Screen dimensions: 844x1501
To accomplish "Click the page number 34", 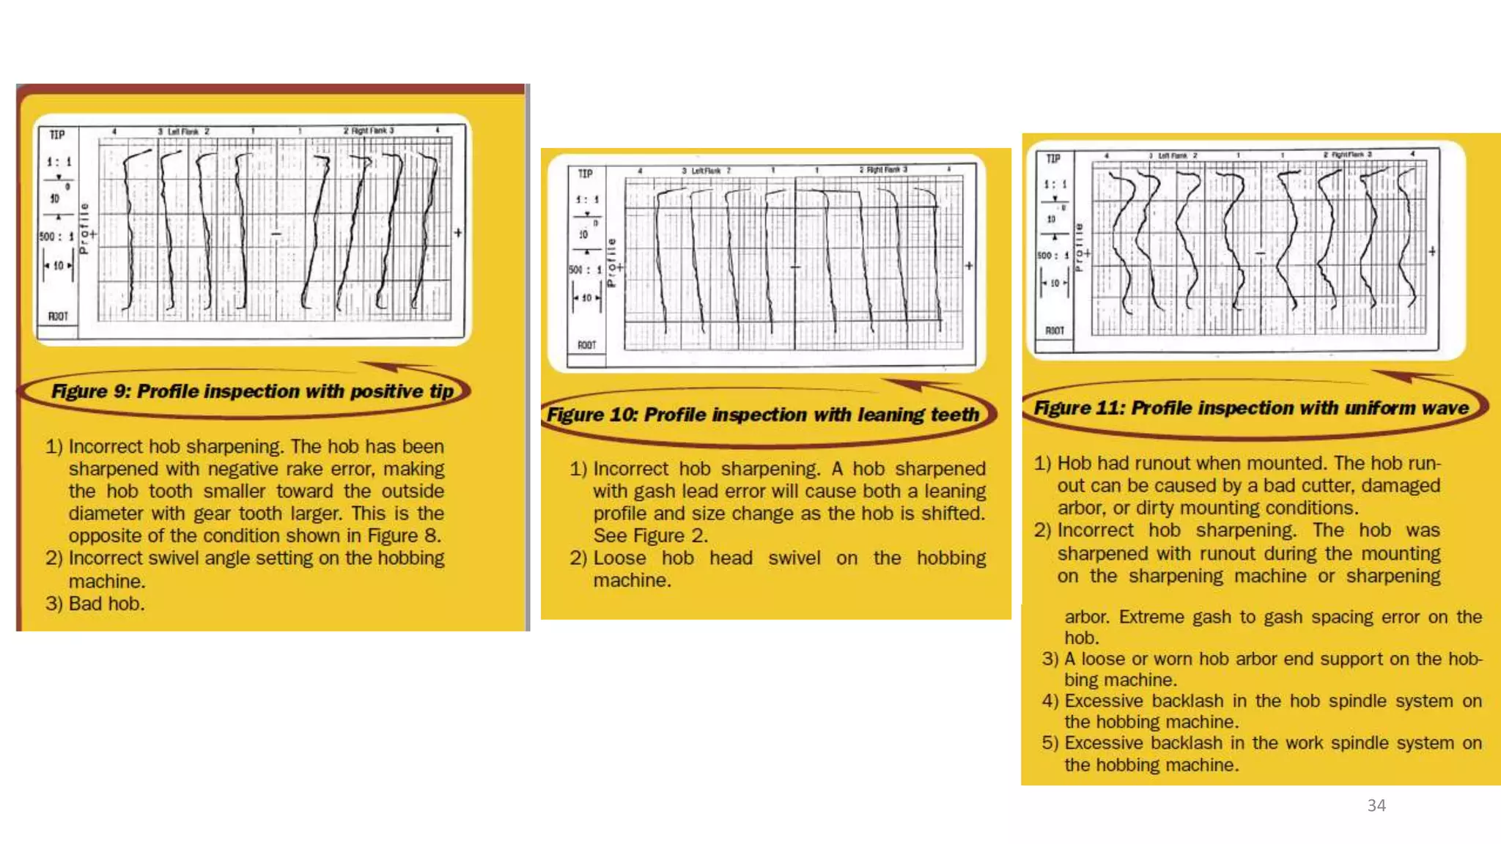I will [x=1376, y=805].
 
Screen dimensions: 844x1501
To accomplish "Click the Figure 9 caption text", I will [x=252, y=391].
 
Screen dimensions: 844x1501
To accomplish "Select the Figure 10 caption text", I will [x=762, y=415].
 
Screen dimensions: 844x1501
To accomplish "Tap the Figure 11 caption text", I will [x=1250, y=408].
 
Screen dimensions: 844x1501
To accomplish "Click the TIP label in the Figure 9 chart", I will [x=57, y=135].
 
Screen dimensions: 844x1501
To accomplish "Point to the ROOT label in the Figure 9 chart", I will [x=58, y=316].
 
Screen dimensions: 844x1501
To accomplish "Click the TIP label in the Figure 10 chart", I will [x=585, y=174].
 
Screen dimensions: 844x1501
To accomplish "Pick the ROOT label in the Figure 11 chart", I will [x=1054, y=330].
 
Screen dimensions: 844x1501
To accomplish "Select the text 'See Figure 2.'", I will [x=650, y=536].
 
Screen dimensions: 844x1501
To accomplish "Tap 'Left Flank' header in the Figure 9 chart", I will [x=183, y=131].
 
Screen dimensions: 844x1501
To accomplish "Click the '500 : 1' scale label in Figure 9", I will [x=56, y=237].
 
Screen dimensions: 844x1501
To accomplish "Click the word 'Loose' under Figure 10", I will [x=619, y=558].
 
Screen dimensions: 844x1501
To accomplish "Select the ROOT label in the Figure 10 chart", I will [x=586, y=345].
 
